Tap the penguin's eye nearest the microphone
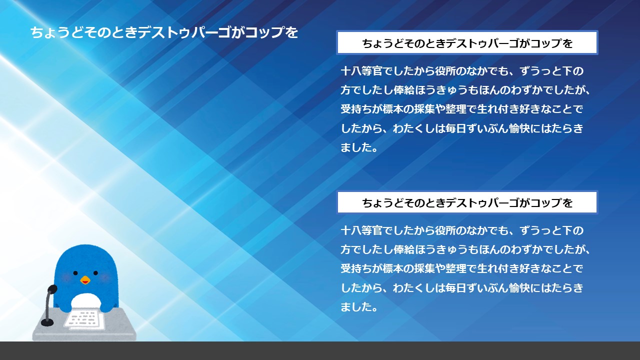coord(75,273)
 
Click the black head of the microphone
coord(52,289)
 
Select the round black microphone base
coord(47,322)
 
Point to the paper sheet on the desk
coord(84,319)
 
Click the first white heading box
coord(467,43)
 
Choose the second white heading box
coord(467,202)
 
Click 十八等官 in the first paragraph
coord(361,71)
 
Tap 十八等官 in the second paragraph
coord(361,230)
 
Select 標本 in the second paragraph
coord(393,268)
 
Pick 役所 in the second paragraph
coord(445,230)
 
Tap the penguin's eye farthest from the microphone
coord(95,273)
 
